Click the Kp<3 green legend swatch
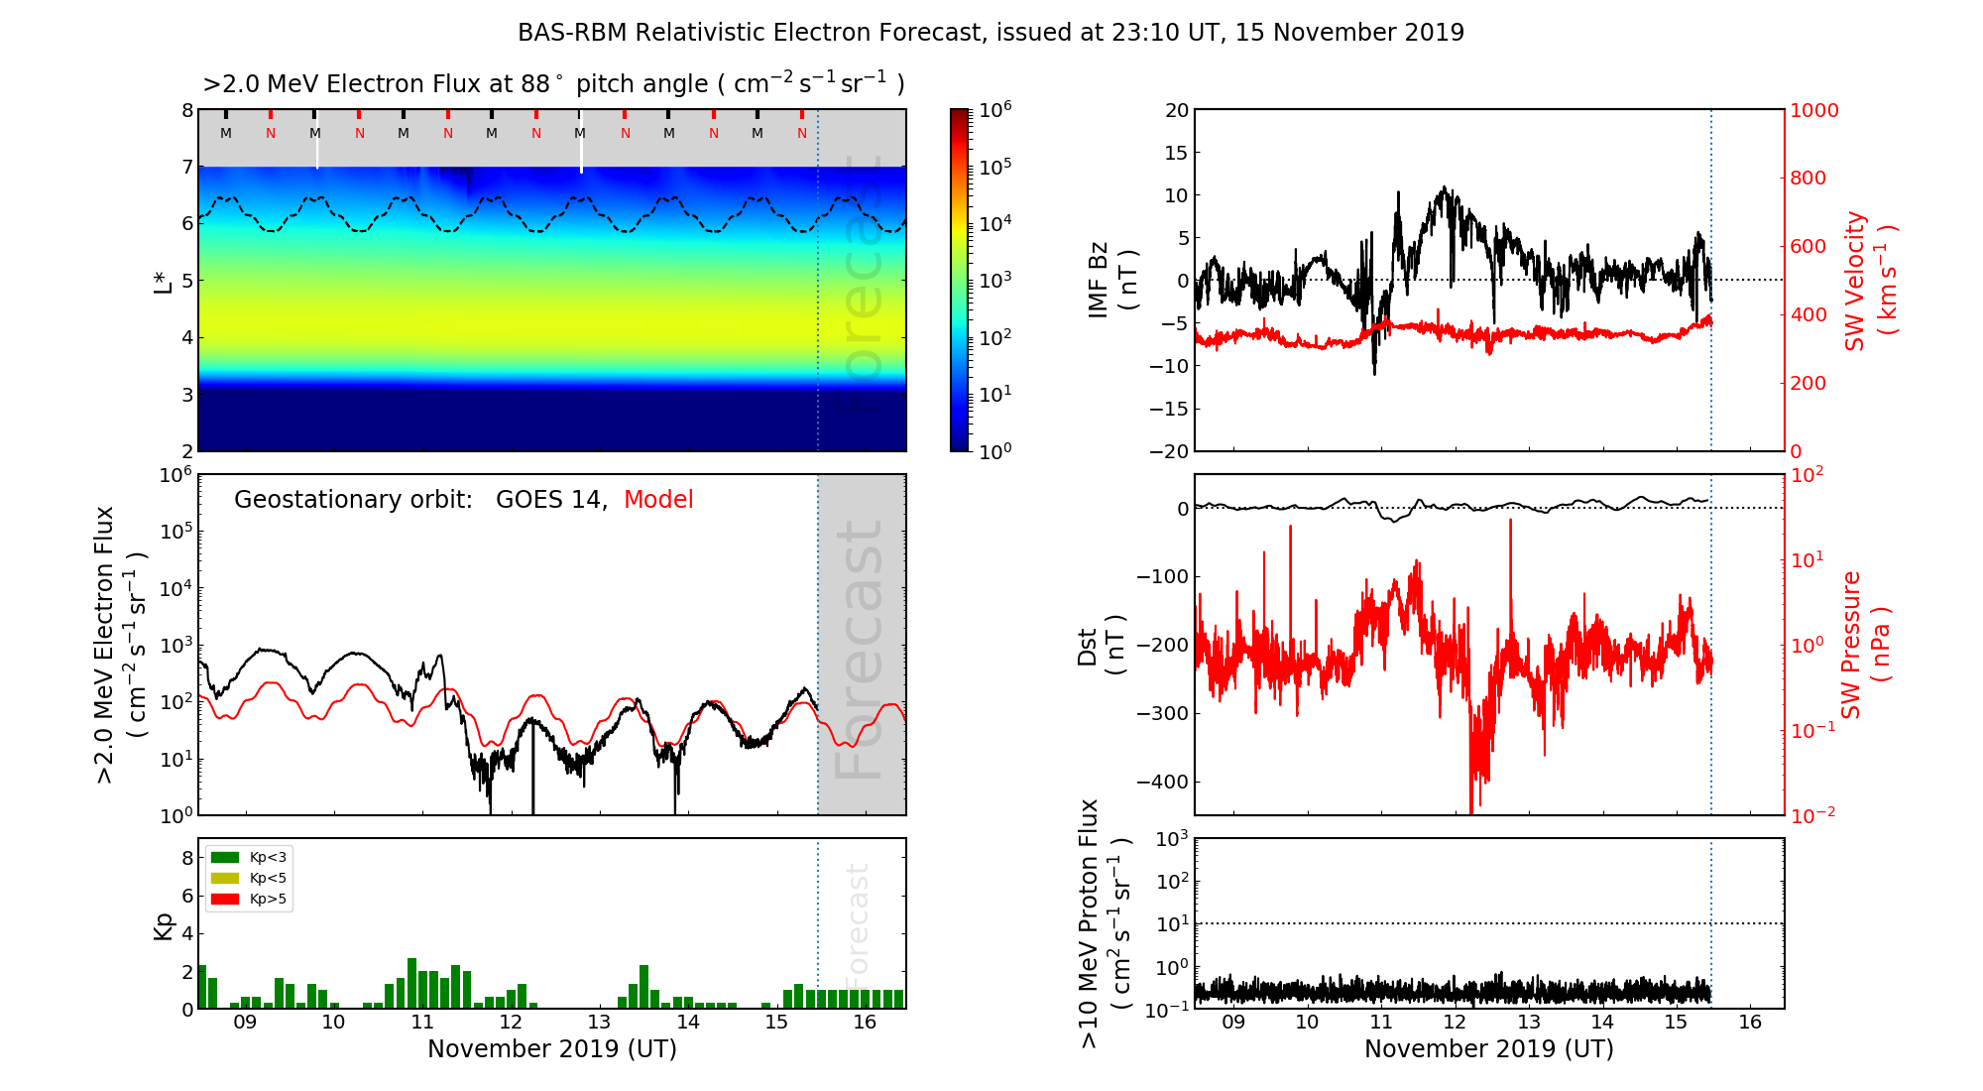coord(225,857)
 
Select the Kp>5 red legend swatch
coord(225,900)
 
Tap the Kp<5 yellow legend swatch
coord(225,878)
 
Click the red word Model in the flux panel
coord(658,500)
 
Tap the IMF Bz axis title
coord(1112,281)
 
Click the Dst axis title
coord(1101,646)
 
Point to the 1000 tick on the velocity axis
coord(1813,110)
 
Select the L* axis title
coord(164,281)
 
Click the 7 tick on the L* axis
coord(187,167)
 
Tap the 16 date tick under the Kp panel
coord(865,1023)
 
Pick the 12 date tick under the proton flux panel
coord(1455,1023)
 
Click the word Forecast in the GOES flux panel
coord(860,650)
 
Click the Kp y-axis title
coord(164,925)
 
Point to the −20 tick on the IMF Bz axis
coord(1169,451)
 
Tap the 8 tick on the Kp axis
coord(187,858)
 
